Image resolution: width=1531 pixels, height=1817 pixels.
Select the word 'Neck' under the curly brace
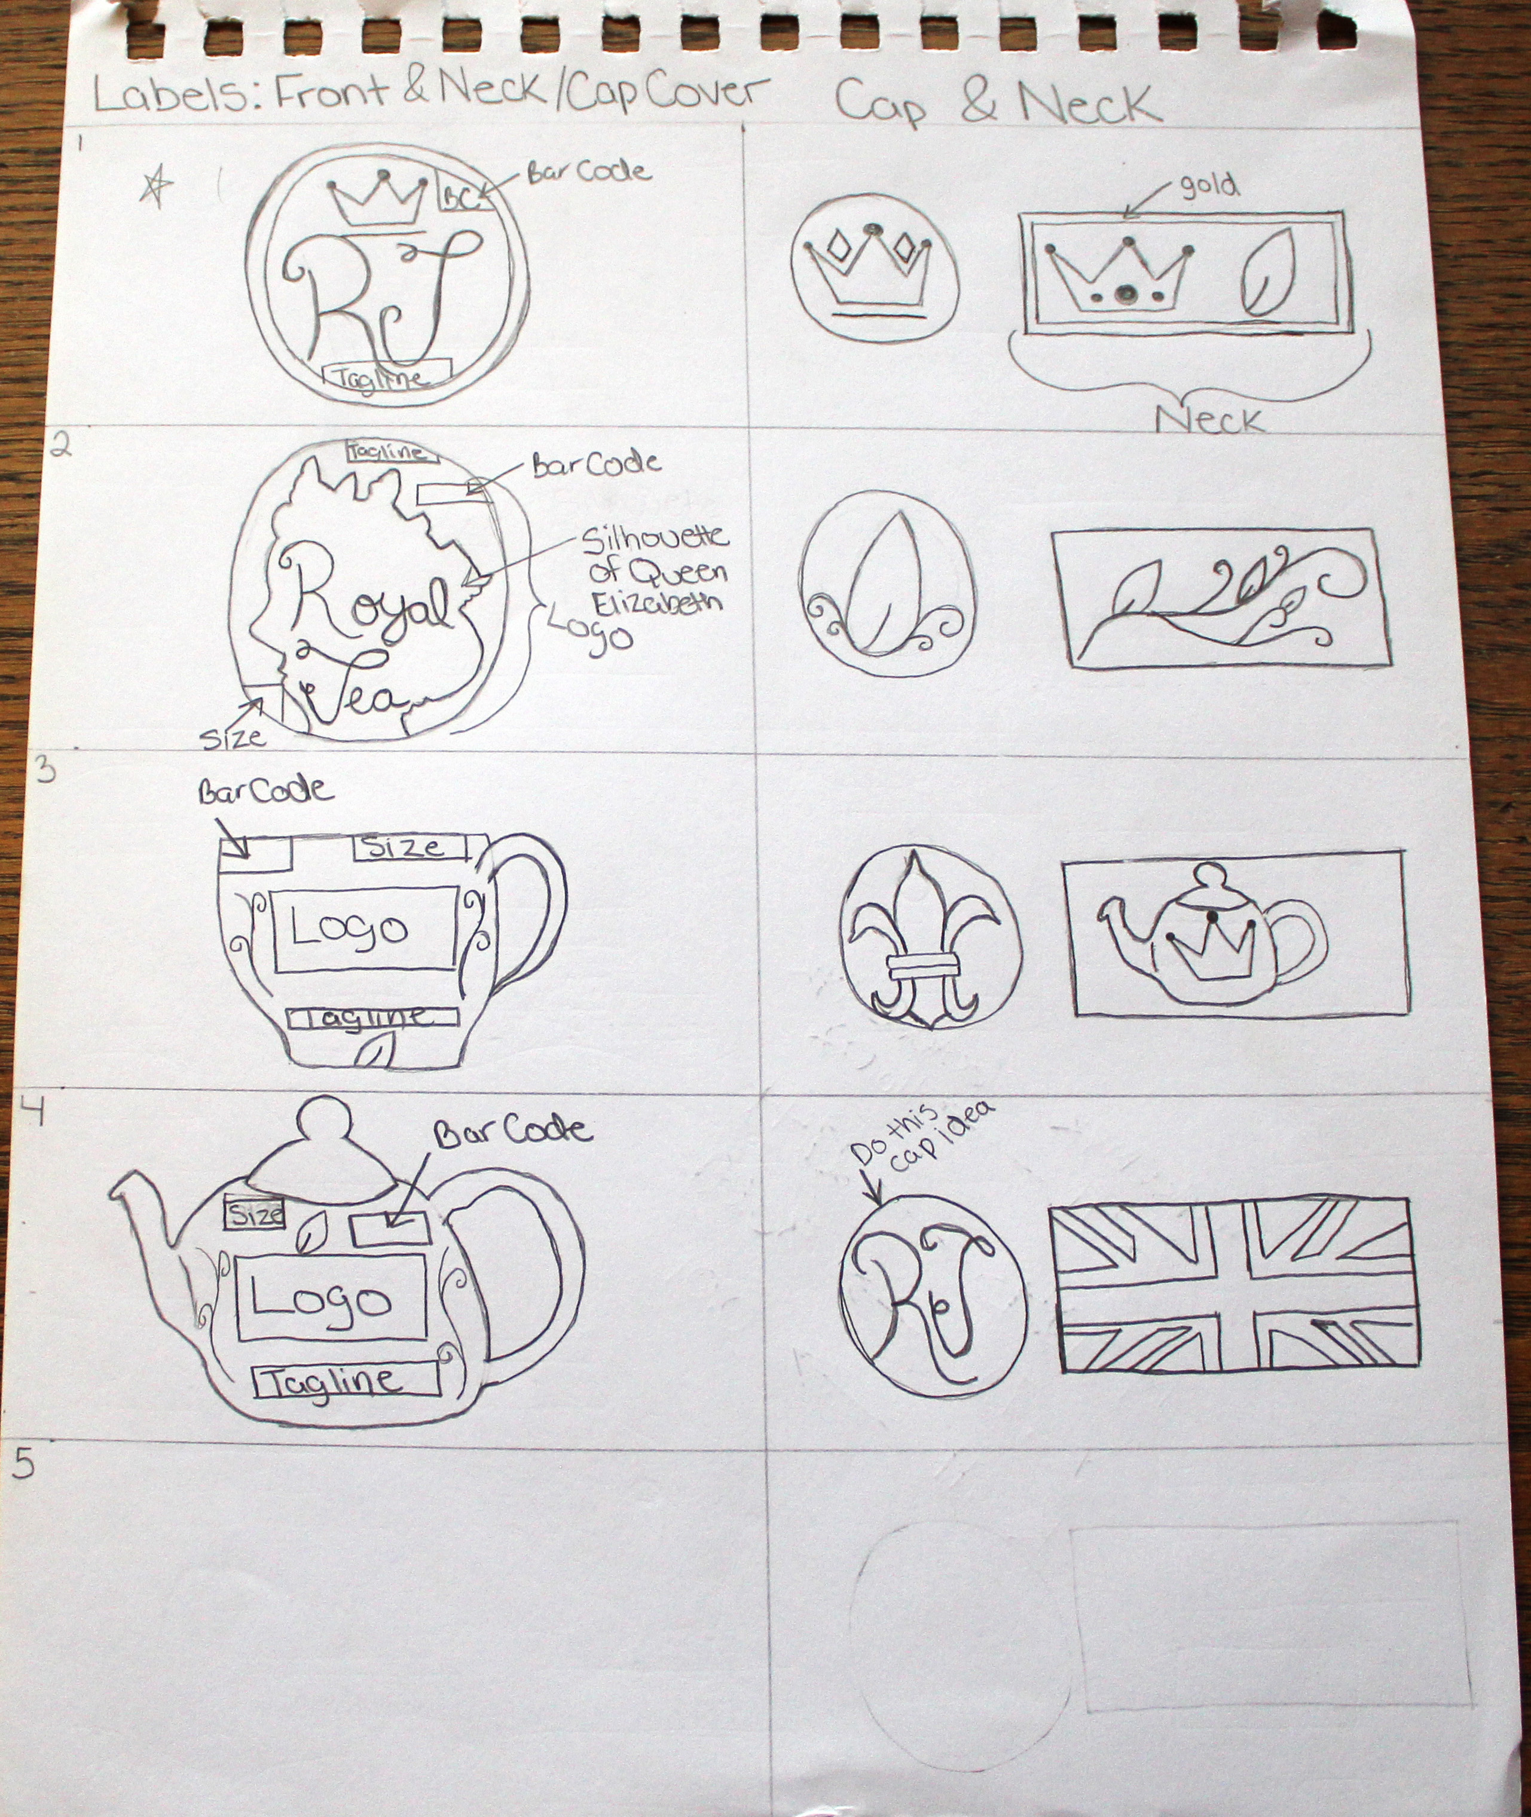1209,420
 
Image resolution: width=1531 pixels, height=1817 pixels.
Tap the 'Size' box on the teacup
409,847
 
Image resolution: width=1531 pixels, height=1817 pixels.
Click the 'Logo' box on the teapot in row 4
331,1298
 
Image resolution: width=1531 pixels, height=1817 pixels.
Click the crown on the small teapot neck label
1209,949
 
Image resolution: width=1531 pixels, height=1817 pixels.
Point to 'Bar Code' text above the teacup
265,791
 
